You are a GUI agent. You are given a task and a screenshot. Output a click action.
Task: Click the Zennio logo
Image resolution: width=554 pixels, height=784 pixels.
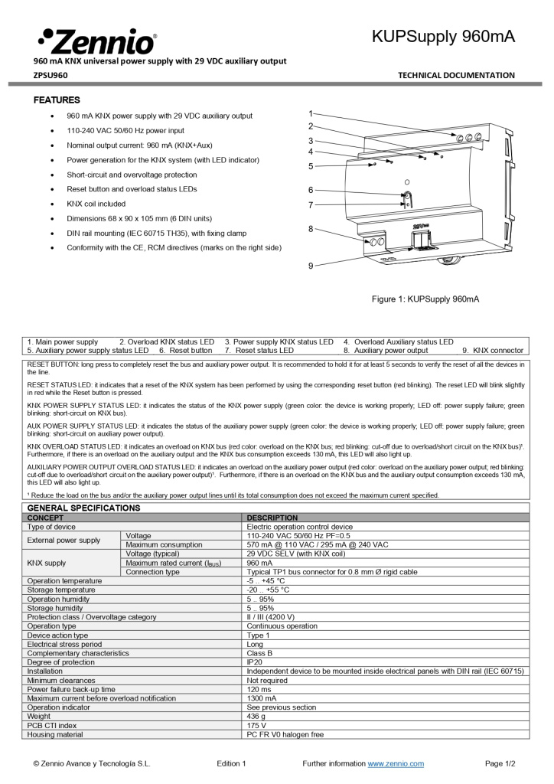(96, 41)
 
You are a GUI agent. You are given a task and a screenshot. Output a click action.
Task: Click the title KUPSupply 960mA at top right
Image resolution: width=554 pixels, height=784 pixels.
(443, 37)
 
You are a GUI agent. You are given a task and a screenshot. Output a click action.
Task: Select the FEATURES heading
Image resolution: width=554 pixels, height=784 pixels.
(57, 100)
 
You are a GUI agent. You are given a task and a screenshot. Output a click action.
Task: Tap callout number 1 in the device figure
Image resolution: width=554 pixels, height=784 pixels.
(311, 113)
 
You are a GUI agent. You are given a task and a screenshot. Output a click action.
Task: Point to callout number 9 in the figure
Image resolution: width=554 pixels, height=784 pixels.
(311, 266)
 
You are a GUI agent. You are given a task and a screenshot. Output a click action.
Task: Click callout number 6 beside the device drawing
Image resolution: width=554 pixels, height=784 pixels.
(311, 190)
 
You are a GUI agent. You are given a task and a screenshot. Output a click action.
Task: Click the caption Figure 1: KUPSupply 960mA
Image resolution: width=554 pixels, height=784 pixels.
(425, 299)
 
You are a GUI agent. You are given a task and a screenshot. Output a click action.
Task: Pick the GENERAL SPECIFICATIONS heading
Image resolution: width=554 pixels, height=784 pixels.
(83, 508)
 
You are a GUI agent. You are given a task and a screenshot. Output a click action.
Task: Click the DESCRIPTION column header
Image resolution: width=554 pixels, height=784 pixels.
(272, 518)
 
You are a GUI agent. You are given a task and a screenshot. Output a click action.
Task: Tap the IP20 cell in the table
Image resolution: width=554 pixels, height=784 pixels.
(255, 662)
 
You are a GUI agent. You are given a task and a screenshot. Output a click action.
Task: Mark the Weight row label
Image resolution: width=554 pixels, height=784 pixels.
(40, 716)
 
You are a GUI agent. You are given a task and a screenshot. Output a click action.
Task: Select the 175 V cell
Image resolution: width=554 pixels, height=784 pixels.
(257, 725)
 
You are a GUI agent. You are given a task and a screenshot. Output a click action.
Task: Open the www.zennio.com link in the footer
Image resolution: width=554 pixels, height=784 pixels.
(396, 763)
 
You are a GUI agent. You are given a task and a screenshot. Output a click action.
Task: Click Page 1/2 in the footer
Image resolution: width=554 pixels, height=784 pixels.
(500, 763)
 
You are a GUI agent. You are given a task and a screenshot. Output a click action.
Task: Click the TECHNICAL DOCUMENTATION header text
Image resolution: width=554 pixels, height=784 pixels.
(456, 75)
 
